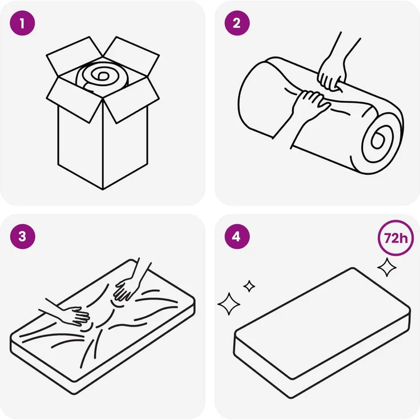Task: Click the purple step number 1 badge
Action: (x=22, y=23)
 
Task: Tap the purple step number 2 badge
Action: (x=237, y=23)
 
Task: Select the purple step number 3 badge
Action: (x=22, y=236)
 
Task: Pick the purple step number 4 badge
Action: (x=237, y=236)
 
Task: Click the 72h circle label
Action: (x=395, y=238)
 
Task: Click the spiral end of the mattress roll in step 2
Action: (x=378, y=140)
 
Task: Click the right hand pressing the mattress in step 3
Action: (x=127, y=289)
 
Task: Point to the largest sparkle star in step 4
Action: (x=229, y=304)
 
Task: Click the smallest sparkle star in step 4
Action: (x=249, y=286)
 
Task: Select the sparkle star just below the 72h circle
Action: (x=387, y=267)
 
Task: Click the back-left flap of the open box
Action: (x=74, y=56)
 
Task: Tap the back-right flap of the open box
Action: (x=132, y=56)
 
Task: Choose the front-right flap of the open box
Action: (x=131, y=100)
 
